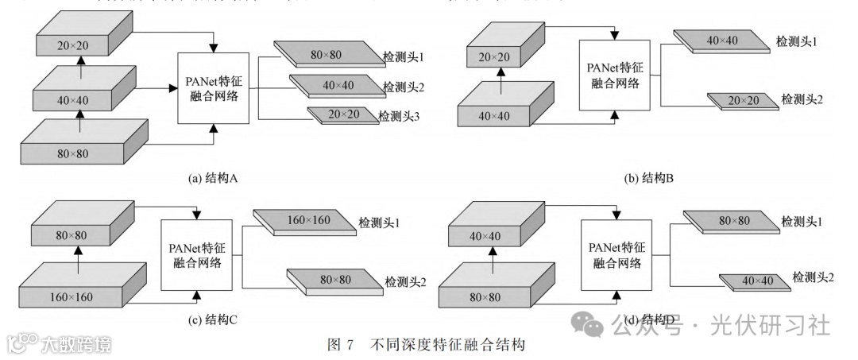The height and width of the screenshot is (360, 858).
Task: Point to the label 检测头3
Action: (400, 117)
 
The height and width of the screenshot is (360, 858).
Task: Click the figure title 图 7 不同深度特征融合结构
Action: (427, 344)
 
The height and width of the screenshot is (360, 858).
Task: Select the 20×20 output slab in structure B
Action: (743, 99)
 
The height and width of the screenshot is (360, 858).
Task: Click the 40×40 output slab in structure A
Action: (336, 85)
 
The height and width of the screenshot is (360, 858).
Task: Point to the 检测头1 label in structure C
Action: (379, 221)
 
